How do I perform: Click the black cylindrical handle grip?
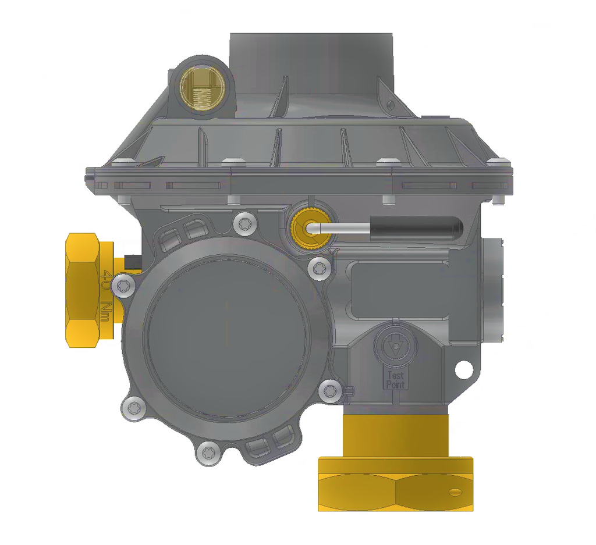pos(416,228)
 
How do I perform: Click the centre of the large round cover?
pos(226,337)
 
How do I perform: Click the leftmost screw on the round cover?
pos(123,284)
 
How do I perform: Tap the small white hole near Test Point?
pos(464,369)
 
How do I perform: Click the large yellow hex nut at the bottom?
pos(396,484)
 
